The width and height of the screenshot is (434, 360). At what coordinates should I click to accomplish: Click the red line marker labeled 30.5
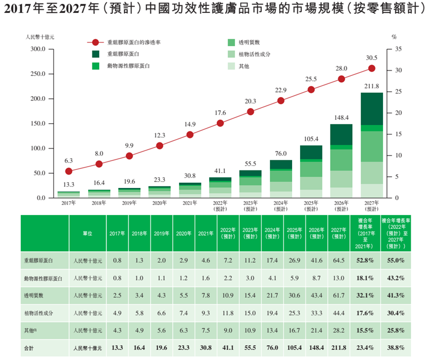pos(372,68)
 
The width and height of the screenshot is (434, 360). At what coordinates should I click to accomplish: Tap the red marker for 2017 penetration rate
pos(69,171)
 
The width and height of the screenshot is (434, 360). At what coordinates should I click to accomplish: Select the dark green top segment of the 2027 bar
pos(372,109)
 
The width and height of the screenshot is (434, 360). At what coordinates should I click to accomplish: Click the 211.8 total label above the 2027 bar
pos(372,86)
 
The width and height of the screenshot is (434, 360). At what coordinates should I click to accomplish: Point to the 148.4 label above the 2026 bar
pos(342,117)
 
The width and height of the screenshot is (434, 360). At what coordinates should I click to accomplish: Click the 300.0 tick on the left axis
pos(38,49)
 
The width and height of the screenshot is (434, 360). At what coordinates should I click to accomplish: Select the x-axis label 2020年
pos(159,203)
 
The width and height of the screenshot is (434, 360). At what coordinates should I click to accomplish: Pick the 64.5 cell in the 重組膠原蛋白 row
pos(338,260)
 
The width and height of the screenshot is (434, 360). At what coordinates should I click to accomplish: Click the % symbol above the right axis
pos(394,37)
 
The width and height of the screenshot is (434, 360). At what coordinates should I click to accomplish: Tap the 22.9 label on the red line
pos(281,90)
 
